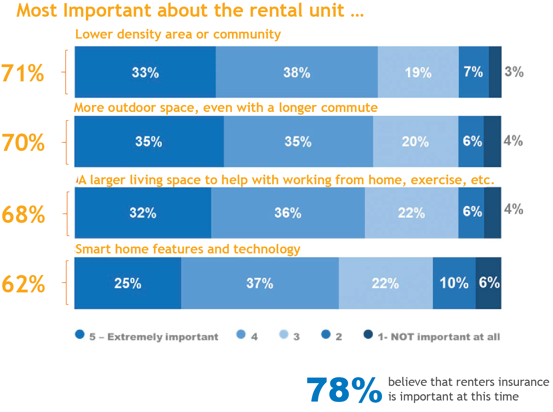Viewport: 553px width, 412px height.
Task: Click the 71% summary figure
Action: point(23,73)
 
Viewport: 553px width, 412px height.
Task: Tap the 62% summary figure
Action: point(23,284)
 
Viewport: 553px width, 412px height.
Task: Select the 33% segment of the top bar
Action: point(145,72)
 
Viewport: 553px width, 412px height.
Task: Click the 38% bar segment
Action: point(297,72)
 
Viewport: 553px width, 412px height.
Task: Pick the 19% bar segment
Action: point(418,72)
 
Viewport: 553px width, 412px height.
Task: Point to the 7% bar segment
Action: point(473,72)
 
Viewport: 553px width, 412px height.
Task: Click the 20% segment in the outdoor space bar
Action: point(415,142)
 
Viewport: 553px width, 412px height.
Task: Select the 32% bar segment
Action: point(143,213)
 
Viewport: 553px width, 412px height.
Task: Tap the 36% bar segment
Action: point(288,213)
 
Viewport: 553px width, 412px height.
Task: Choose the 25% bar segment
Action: point(128,283)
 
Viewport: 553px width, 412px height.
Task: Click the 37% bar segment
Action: point(260,283)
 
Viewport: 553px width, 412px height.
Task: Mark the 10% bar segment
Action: point(454,283)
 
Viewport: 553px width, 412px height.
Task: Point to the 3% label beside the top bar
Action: point(514,72)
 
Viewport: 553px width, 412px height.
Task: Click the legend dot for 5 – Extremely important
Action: point(80,334)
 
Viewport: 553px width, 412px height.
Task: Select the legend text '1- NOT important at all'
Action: point(439,337)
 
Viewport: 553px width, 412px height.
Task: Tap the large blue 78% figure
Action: point(344,390)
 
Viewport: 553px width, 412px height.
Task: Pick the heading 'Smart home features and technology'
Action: point(188,249)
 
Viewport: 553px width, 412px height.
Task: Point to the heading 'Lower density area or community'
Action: point(178,34)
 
